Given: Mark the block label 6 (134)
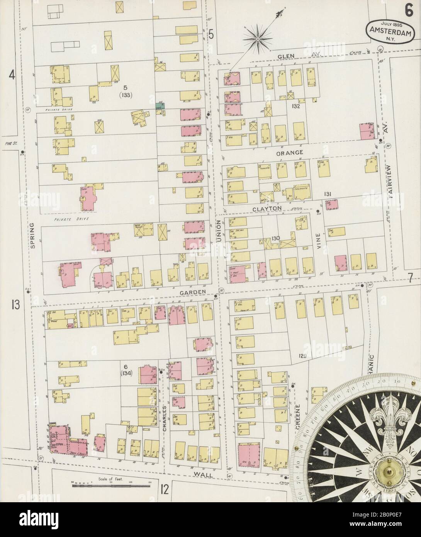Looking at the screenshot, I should click(126, 369).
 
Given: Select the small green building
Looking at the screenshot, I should click(158, 105).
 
